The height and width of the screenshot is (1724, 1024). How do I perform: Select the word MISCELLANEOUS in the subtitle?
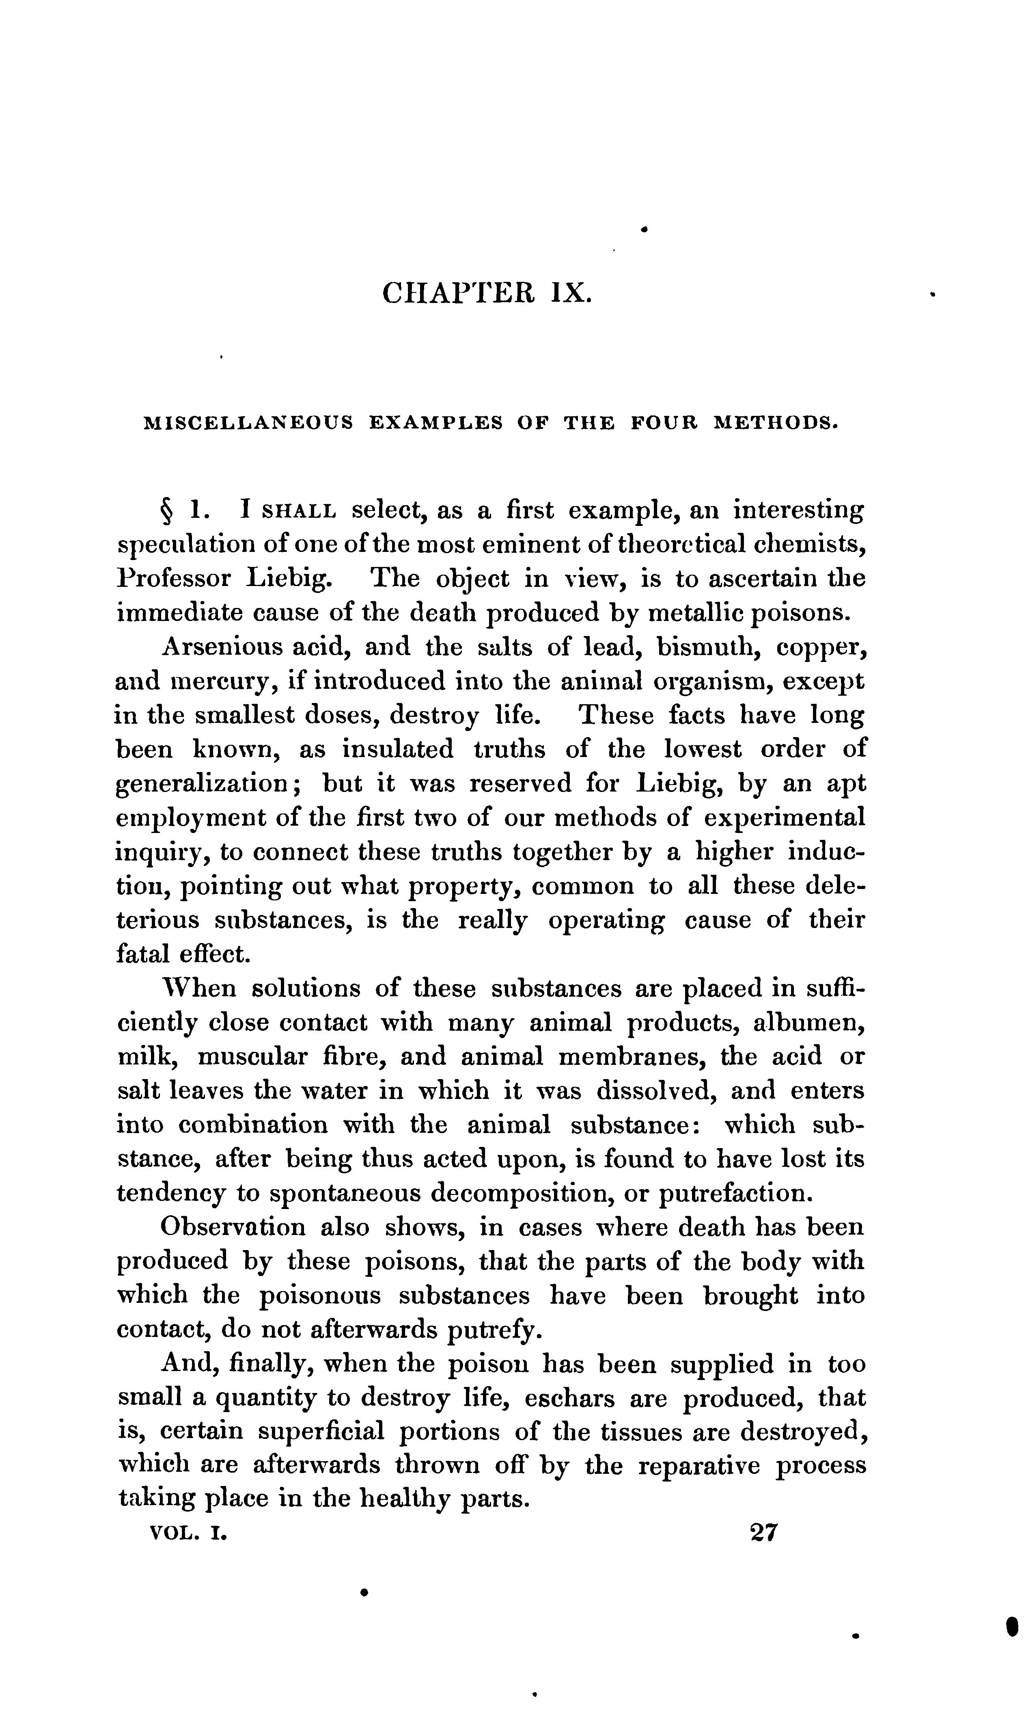pyautogui.click(x=248, y=422)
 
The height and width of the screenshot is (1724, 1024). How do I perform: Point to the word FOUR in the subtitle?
pyautogui.click(x=663, y=422)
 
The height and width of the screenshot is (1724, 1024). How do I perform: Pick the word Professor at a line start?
pyautogui.click(x=173, y=579)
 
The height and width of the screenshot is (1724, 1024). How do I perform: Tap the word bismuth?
pyautogui.click(x=705, y=648)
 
